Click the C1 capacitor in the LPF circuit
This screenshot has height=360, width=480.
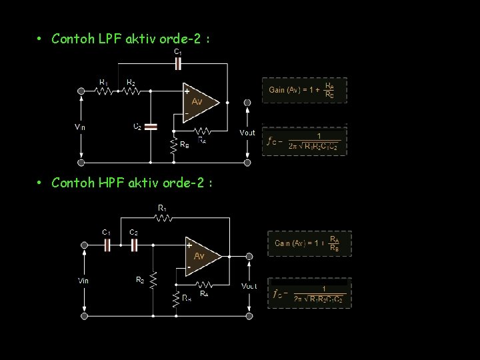(177, 64)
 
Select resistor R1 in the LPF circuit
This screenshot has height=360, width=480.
(105, 91)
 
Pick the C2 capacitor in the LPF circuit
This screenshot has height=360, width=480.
(151, 125)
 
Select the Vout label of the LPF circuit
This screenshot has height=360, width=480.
(247, 133)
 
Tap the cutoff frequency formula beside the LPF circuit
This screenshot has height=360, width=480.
(305, 141)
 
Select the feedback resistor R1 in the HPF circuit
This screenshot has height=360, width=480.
(163, 217)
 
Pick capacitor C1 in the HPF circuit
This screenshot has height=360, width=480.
(107, 245)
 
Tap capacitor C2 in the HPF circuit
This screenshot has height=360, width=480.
(134, 245)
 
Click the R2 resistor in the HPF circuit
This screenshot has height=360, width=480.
(153, 279)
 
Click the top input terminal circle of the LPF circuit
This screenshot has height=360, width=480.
(81, 91)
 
